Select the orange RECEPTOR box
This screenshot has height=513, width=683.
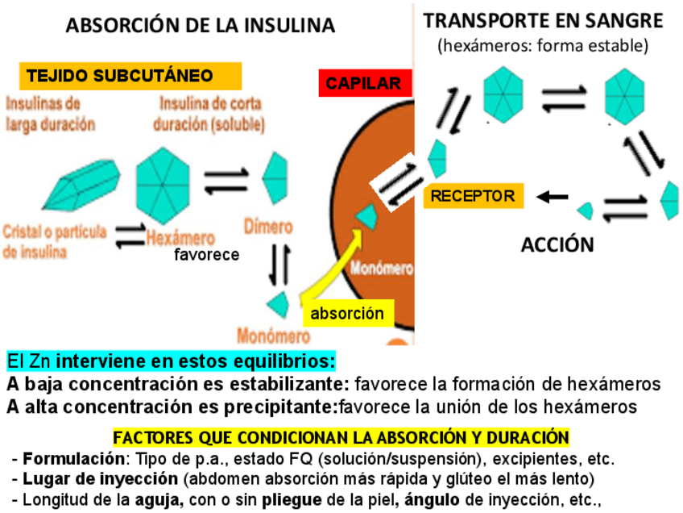(x=472, y=196)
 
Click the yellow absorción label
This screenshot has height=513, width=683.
(x=347, y=313)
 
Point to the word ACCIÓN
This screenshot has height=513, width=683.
(x=557, y=244)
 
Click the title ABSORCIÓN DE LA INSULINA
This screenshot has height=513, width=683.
(x=201, y=26)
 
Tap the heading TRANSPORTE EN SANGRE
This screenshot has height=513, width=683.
(x=544, y=21)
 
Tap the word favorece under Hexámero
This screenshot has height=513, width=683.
(x=207, y=256)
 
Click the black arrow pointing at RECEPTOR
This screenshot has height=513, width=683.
(x=553, y=197)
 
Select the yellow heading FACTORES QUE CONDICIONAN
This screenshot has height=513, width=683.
(x=341, y=438)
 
